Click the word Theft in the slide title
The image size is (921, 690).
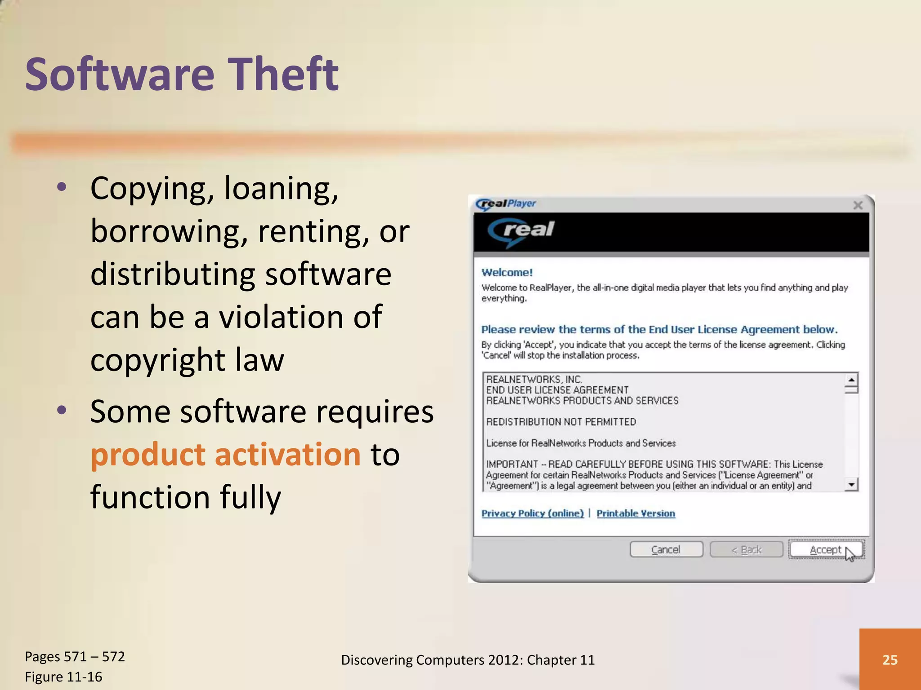pos(284,74)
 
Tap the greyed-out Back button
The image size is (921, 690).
pos(746,550)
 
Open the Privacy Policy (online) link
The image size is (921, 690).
pos(532,513)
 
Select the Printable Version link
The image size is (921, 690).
pos(635,513)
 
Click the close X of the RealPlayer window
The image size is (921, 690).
pos(858,205)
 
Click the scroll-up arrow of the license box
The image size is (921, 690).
pos(851,380)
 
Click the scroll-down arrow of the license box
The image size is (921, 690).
pos(851,485)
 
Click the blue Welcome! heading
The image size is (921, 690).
pos(507,273)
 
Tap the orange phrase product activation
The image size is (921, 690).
pos(225,454)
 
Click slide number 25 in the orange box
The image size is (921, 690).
pos(890,659)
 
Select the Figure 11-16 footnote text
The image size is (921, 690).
pos(63,677)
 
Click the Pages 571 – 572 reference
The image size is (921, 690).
pos(75,656)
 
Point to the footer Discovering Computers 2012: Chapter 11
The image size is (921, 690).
pos(468,659)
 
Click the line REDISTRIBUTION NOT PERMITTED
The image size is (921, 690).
pos(561,422)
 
